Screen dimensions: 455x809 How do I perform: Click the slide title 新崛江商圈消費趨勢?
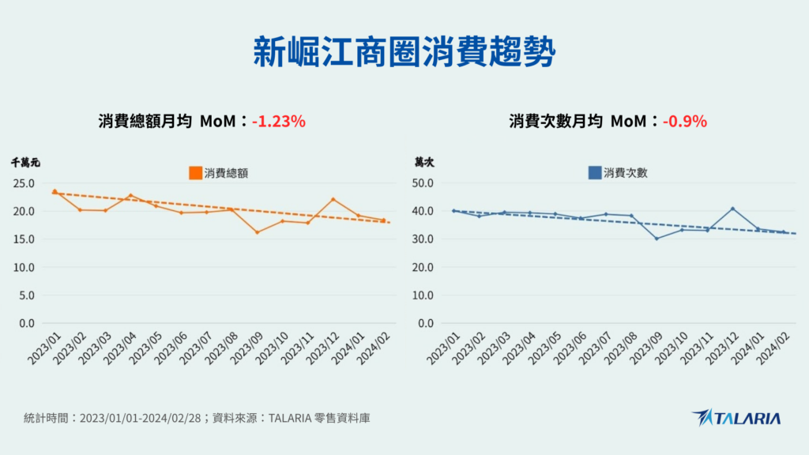point(404,52)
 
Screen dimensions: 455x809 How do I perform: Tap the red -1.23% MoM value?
point(278,122)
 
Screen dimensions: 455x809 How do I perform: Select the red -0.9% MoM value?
point(684,122)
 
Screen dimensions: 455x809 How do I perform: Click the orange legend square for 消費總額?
point(195,172)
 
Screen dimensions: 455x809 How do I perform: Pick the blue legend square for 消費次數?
point(595,172)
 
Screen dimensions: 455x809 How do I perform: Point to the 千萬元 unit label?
point(25,162)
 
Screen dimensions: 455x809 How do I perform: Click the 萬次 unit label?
point(425,162)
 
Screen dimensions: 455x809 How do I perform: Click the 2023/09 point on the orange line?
point(257,232)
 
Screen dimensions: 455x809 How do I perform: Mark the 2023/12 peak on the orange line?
point(333,199)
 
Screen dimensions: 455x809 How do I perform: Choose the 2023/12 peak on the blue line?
point(732,209)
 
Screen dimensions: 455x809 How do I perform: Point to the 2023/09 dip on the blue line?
point(657,239)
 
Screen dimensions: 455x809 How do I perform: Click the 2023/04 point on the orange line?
point(130,195)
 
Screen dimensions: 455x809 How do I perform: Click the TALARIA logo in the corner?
point(736,418)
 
